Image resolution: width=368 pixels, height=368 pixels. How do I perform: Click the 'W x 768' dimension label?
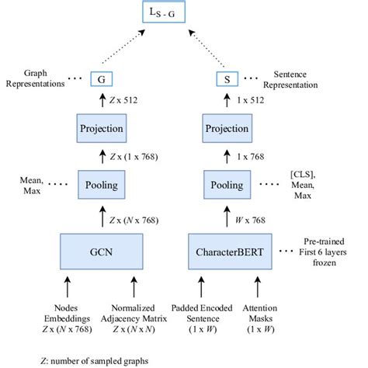point(249,219)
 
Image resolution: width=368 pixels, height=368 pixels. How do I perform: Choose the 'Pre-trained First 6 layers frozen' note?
point(330,252)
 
